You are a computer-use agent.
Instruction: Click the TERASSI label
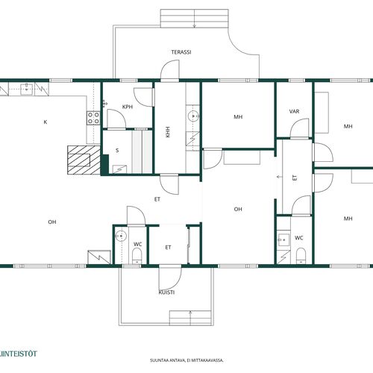[181, 52]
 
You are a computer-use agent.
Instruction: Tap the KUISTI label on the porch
[166, 292]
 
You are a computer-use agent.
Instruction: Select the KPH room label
[128, 107]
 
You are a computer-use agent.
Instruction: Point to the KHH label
[168, 132]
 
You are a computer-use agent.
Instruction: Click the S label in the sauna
[117, 150]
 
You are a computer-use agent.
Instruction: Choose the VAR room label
[294, 111]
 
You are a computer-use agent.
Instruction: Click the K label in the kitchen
[46, 122]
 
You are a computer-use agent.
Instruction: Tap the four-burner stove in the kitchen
[93, 118]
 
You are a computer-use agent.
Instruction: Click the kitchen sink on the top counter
[27, 90]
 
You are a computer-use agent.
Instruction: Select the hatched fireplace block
[84, 160]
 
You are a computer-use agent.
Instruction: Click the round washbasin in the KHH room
[193, 116]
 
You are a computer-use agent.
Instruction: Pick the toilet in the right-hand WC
[301, 255]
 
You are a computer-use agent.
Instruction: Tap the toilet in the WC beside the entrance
[137, 256]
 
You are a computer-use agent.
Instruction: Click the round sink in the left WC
[121, 236]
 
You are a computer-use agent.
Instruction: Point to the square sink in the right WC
[283, 239]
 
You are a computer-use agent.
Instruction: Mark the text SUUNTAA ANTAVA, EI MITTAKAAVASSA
[186, 360]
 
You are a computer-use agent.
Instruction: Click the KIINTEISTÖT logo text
[19, 354]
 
